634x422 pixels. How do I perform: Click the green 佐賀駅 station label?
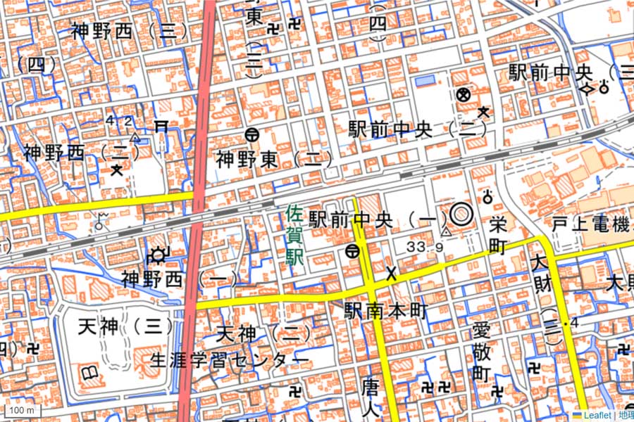tap(294, 235)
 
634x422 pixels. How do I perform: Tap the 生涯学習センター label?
tap(230, 361)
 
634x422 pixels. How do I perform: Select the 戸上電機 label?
tap(590, 226)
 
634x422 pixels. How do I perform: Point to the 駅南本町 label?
tap(385, 311)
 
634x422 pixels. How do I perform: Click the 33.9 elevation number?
tap(424, 247)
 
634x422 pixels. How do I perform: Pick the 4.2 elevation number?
tap(119, 120)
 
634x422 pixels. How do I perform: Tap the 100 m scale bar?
tap(22, 410)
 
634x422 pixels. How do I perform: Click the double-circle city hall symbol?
tap(460, 213)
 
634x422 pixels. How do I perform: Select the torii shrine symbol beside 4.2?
tap(161, 126)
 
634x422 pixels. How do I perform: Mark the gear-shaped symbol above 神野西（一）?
tap(158, 255)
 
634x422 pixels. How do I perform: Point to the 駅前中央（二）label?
tap(418, 129)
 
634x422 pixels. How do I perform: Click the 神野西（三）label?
tap(130, 31)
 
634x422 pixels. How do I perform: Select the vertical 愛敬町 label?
tap(480, 352)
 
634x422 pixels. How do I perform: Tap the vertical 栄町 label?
tap(497, 236)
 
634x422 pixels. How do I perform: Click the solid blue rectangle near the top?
tap(425, 82)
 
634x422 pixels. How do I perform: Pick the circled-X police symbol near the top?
tap(463, 94)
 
